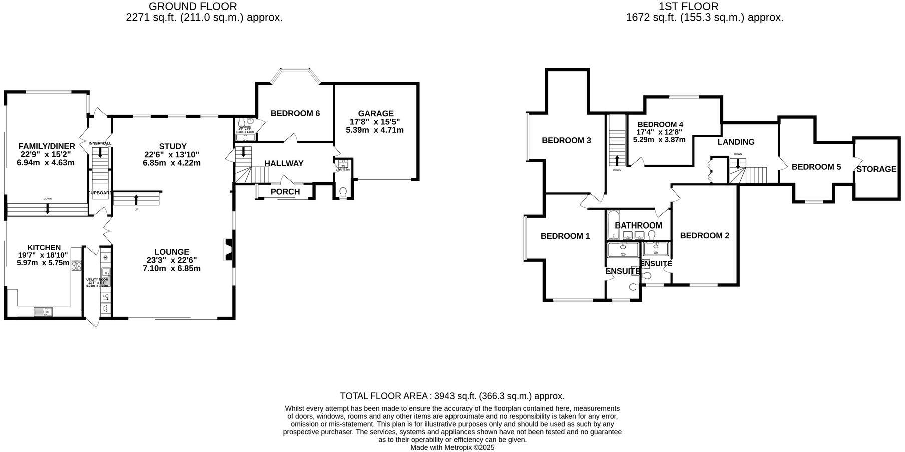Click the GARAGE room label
376,114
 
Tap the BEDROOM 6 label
295,113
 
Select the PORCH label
285,192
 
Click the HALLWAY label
284,163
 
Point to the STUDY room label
173,146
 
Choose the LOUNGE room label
172,252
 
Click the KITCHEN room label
44,247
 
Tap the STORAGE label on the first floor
876,169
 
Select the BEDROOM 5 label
816,167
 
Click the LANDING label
736,142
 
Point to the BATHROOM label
638,225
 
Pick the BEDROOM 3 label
566,140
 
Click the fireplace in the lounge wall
228,249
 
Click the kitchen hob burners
77,266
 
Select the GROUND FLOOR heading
193,6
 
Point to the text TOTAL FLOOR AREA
383,396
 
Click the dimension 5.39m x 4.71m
374,130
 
